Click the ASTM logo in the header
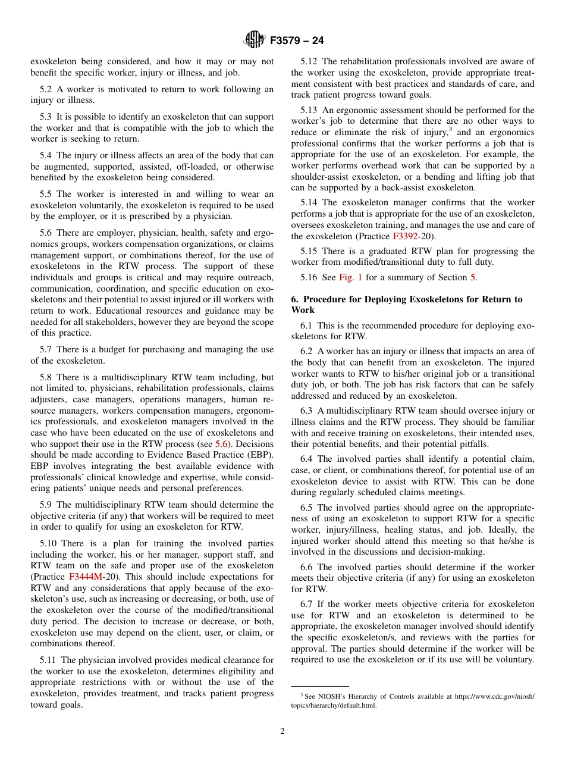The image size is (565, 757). click(x=254, y=40)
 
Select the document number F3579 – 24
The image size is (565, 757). click(x=297, y=41)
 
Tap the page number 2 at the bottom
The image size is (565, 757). click(x=282, y=731)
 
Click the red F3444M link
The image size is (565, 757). click(x=86, y=577)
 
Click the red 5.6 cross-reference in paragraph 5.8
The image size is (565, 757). click(x=221, y=444)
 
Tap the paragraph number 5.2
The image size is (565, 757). click(x=46, y=89)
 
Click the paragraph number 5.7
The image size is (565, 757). click(x=46, y=349)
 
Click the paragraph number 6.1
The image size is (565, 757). click(x=307, y=326)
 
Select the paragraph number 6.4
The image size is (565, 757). click(x=307, y=459)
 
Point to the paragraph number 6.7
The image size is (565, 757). click(x=307, y=604)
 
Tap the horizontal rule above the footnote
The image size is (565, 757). click(x=320, y=686)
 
